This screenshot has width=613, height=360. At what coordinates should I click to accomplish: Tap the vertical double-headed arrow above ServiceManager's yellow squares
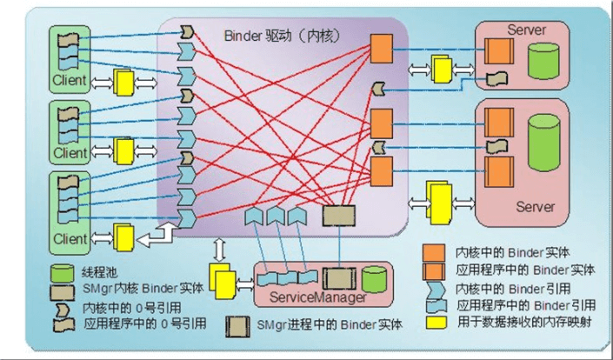pos(221,247)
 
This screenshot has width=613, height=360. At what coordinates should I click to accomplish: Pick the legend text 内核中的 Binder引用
pos(506,287)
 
